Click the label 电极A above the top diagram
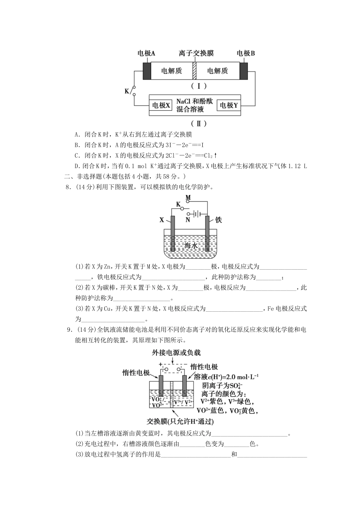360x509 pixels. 146,53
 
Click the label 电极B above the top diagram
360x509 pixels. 246,53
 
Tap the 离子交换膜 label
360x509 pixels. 196,53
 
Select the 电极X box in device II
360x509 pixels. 161,105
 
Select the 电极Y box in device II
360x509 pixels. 229,105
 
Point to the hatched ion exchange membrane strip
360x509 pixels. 194,71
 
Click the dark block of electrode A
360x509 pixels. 147,71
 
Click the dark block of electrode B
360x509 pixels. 244,71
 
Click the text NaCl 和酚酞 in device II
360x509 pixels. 194,101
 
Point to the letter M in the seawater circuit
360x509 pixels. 188,198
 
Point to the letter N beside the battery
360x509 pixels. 188,219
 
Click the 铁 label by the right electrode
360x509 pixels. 218,220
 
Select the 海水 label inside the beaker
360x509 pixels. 191,245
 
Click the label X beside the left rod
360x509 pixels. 162,220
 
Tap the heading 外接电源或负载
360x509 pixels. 176,353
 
